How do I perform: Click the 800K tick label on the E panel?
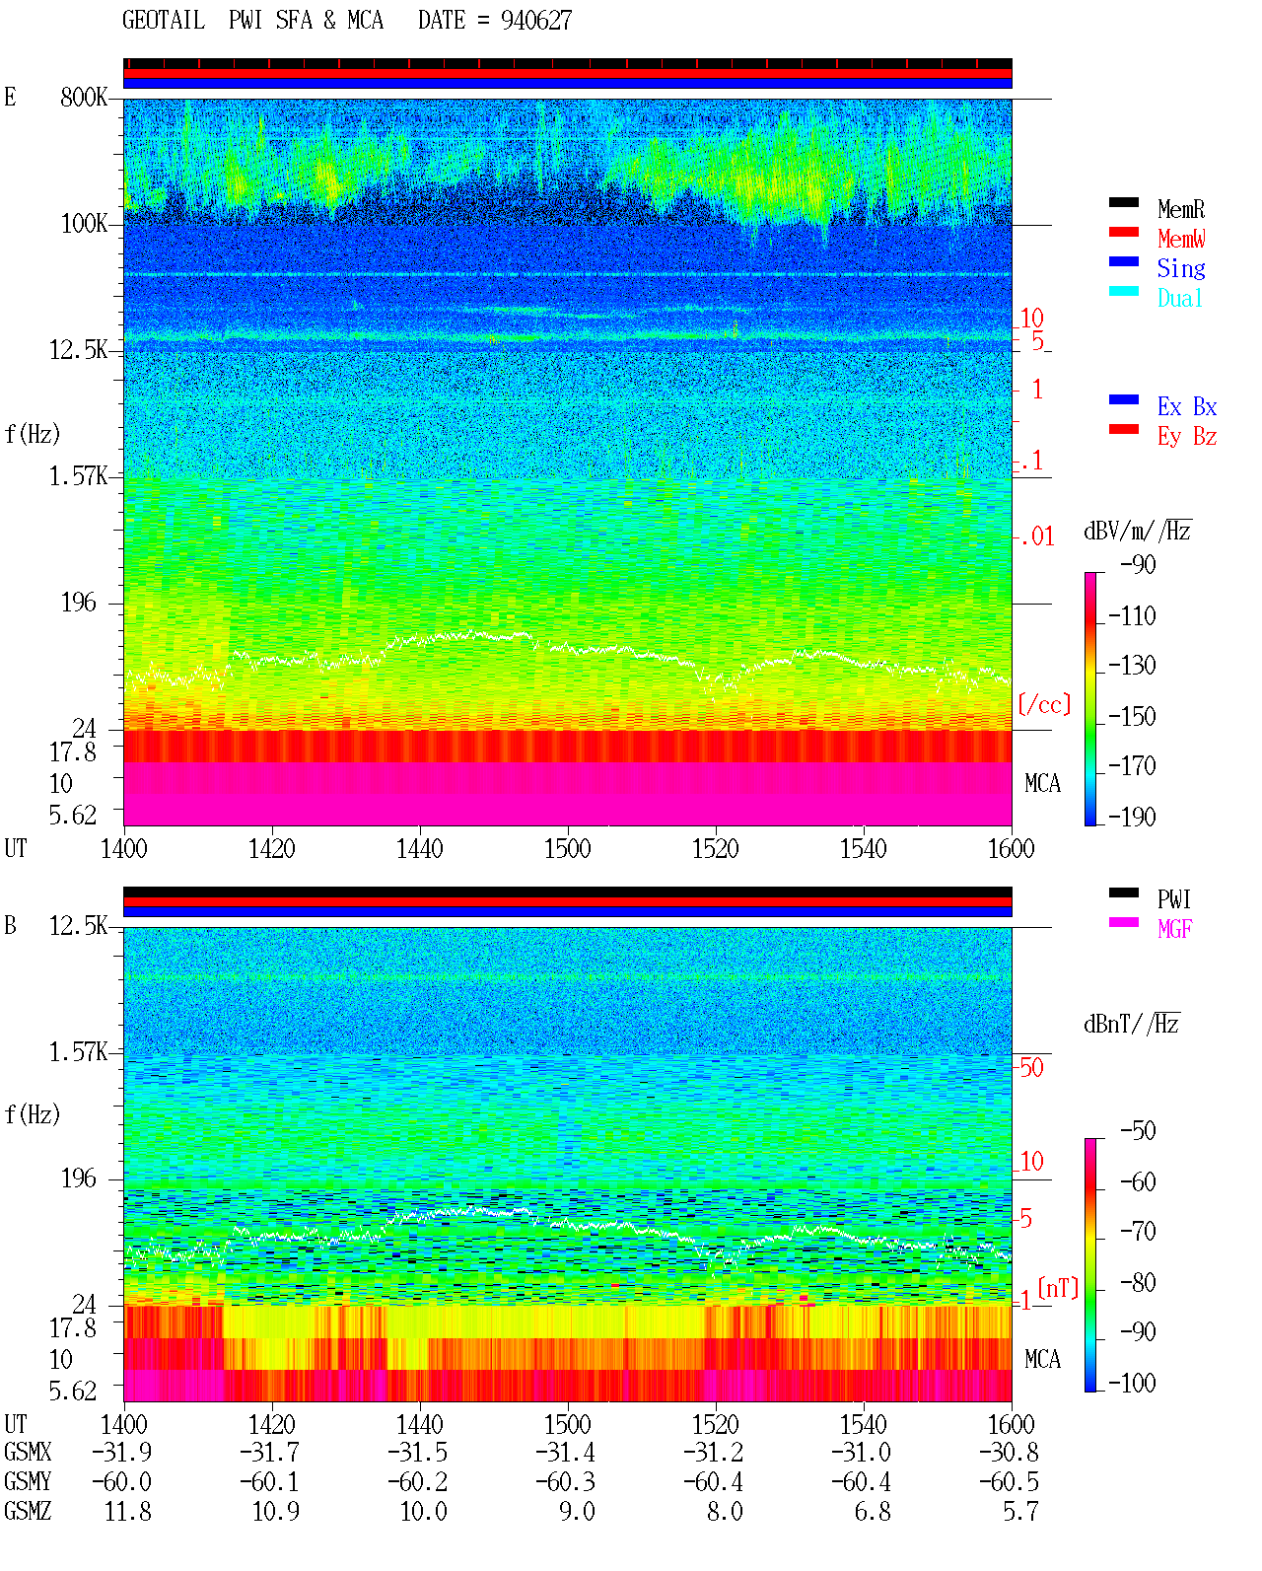pyautogui.click(x=83, y=97)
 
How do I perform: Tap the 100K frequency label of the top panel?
pyautogui.click(x=83, y=224)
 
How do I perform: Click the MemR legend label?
pyautogui.click(x=1180, y=209)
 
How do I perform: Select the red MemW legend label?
pyautogui.click(x=1180, y=239)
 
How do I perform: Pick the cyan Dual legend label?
pyautogui.click(x=1179, y=298)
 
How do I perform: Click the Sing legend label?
pyautogui.click(x=1180, y=268)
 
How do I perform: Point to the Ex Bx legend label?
pyautogui.click(x=1186, y=406)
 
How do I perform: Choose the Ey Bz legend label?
pyautogui.click(x=1186, y=437)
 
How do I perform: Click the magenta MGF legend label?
pyautogui.click(x=1174, y=929)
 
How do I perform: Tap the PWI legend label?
pyautogui.click(x=1173, y=899)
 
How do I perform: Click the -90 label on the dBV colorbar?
pyautogui.click(x=1137, y=564)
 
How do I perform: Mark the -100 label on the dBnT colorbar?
pyautogui.click(x=1131, y=1382)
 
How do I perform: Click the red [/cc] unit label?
pyautogui.click(x=1044, y=704)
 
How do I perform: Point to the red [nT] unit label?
pyautogui.click(x=1058, y=1288)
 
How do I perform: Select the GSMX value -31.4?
pyautogui.click(x=566, y=1452)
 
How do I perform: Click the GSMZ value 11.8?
pyautogui.click(x=128, y=1511)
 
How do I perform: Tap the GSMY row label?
pyautogui.click(x=28, y=1481)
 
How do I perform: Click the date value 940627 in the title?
pyautogui.click(x=535, y=21)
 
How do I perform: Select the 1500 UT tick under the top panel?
pyautogui.click(x=567, y=848)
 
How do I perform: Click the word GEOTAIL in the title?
pyautogui.click(x=164, y=21)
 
